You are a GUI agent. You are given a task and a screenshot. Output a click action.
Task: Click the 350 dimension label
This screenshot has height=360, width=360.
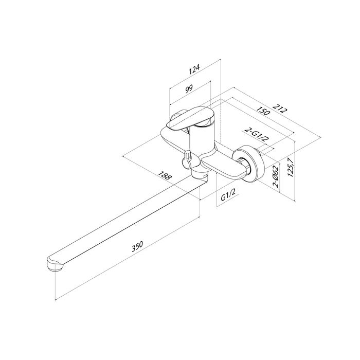[137, 246]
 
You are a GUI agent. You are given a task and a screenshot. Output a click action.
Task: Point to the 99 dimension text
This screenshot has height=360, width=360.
[189, 88]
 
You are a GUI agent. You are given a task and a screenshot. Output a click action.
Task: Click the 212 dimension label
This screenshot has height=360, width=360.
[280, 108]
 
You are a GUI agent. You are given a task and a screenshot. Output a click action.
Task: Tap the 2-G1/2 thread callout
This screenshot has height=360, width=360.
[257, 135]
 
